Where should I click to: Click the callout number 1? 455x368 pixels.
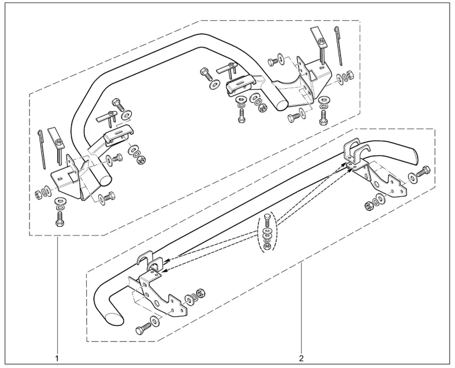[x=57, y=358]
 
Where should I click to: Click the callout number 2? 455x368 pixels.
[x=301, y=358]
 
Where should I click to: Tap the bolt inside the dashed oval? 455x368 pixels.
[x=267, y=220]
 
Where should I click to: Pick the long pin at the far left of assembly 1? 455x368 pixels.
[x=41, y=150]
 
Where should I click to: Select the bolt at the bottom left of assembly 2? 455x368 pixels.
[x=142, y=329]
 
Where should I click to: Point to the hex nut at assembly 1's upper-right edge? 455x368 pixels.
[x=350, y=75]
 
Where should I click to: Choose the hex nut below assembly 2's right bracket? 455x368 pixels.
[x=369, y=206]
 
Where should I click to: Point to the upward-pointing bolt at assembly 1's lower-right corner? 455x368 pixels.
[x=323, y=118]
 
